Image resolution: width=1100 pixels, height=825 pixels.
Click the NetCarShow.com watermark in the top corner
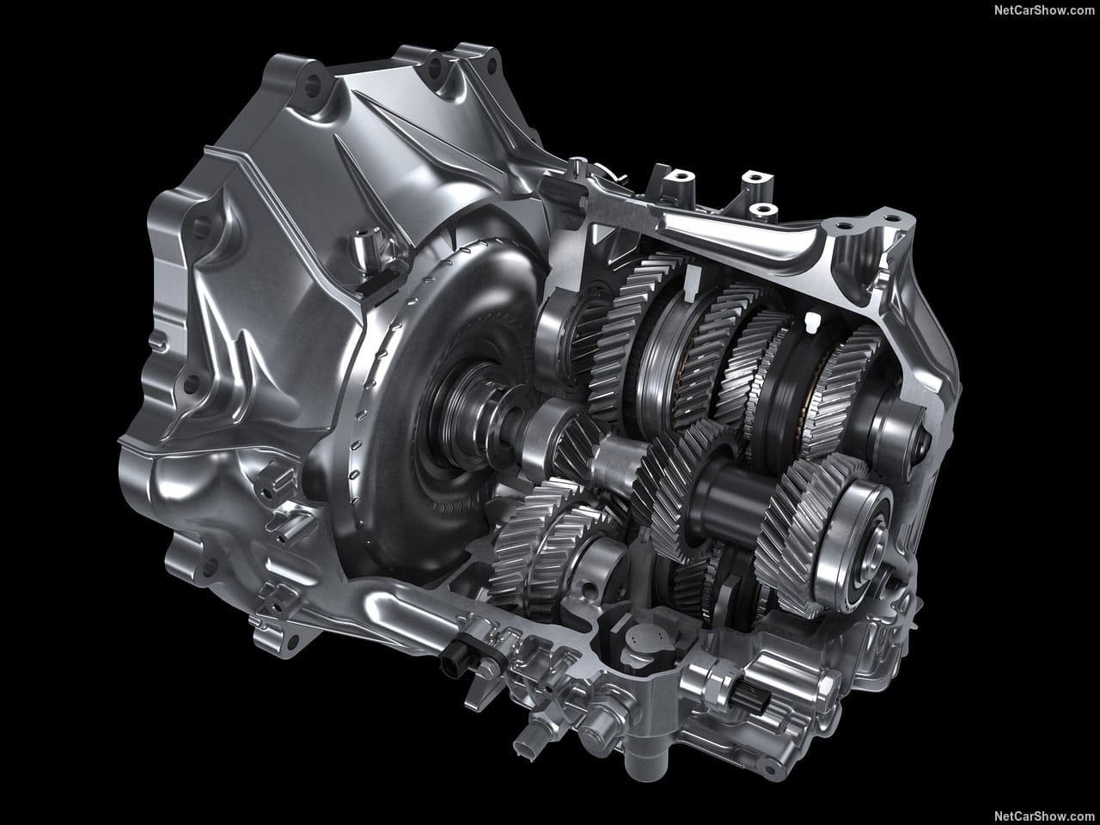click(x=1044, y=10)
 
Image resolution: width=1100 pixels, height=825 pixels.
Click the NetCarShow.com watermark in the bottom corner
click(x=1044, y=816)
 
